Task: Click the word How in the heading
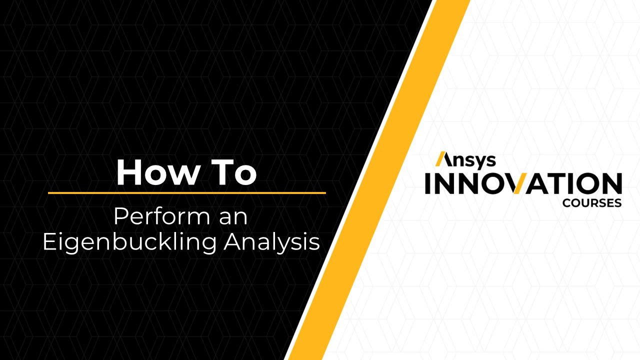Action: tap(152, 172)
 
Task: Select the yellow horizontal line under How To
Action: tap(186, 192)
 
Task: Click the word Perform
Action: tap(154, 217)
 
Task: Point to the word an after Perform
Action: tap(234, 217)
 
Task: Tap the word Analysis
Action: tap(272, 242)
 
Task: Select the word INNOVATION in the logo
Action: tap(523, 183)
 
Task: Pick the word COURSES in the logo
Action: tap(592, 203)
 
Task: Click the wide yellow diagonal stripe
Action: tap(380, 180)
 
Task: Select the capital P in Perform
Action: tap(119, 217)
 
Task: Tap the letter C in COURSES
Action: tap(566, 203)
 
